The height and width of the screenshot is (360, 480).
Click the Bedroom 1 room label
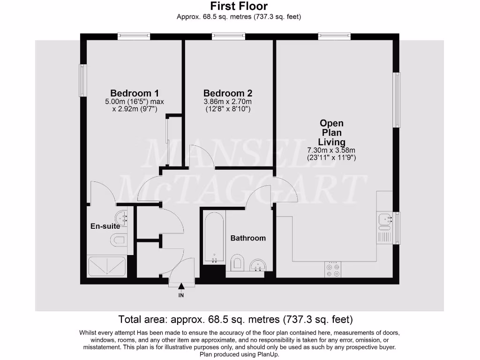pos(137,93)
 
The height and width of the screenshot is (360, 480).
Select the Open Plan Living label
pos(331,133)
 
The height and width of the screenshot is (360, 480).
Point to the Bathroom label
pos(248,238)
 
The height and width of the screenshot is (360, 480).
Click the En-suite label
pos(105,226)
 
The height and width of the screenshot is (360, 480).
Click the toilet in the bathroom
pos(237,262)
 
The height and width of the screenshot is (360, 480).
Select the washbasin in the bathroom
pos(257,266)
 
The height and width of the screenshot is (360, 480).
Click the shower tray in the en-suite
pos(108,266)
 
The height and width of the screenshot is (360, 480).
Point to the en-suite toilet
pos(119,241)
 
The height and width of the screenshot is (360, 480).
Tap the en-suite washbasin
pos(123,217)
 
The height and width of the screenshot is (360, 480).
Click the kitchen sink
pos(386,218)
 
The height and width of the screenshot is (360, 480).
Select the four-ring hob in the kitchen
pos(333,269)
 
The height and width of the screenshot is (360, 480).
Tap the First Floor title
pos(239,6)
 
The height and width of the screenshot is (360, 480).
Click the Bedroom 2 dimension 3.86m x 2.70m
pos(228,102)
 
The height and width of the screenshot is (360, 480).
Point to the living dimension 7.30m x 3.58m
pos(331,150)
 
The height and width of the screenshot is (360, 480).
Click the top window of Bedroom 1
pos(134,36)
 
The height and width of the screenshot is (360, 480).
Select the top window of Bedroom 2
pos(228,36)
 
